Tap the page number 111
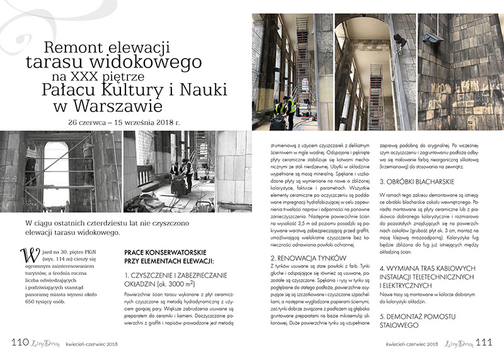click(x=483, y=342)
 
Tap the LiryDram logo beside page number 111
click(x=455, y=342)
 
